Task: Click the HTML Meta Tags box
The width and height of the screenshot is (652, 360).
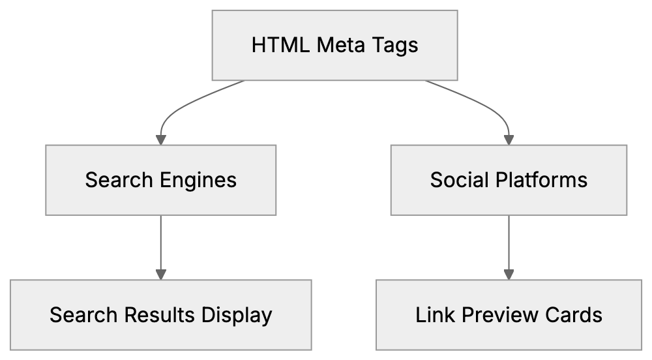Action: (334, 46)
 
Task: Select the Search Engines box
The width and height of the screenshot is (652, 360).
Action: (160, 180)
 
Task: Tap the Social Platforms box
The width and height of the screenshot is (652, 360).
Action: (509, 180)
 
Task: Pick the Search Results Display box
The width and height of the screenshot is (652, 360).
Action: (160, 315)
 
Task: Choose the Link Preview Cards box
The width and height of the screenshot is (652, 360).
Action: (509, 315)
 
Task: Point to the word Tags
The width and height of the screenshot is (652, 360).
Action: (395, 46)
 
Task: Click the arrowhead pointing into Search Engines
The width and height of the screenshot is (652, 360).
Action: (160, 139)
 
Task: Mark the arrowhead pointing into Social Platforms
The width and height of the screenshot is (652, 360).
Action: (509, 139)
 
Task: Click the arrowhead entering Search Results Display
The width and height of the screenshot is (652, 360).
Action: (160, 274)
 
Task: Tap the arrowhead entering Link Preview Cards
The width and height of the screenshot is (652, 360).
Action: (509, 274)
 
